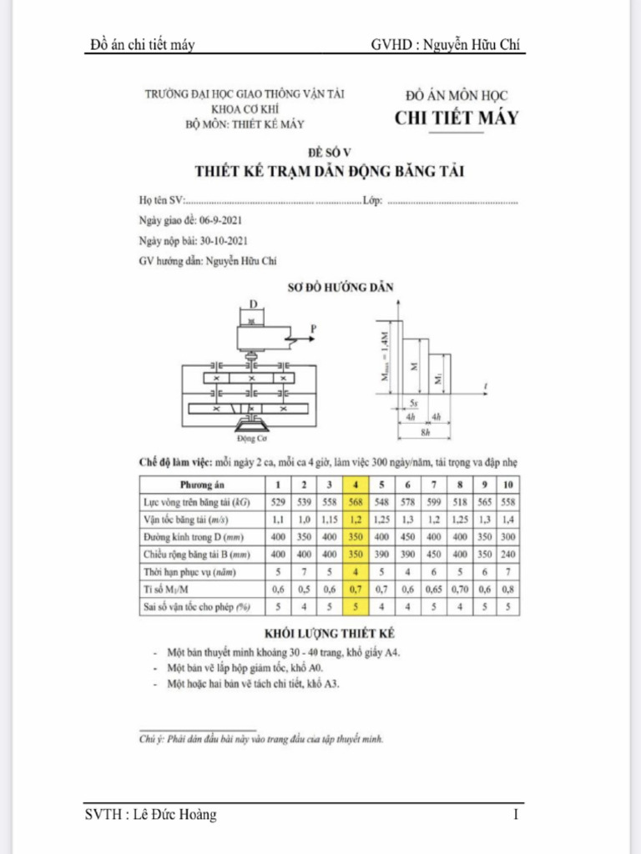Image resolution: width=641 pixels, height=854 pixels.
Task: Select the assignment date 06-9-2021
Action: coord(220,221)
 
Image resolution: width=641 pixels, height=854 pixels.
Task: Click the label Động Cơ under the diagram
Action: coord(250,437)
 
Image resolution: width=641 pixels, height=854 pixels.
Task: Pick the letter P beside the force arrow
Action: coord(314,329)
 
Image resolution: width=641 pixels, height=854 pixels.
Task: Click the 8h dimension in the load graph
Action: coord(426,433)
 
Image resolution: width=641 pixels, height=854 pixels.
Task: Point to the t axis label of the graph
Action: coord(486,384)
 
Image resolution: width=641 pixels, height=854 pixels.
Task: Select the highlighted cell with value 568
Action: coord(356,501)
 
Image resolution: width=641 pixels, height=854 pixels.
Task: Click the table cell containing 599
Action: coord(433,501)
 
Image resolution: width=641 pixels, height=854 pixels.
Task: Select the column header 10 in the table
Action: coord(509,484)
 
